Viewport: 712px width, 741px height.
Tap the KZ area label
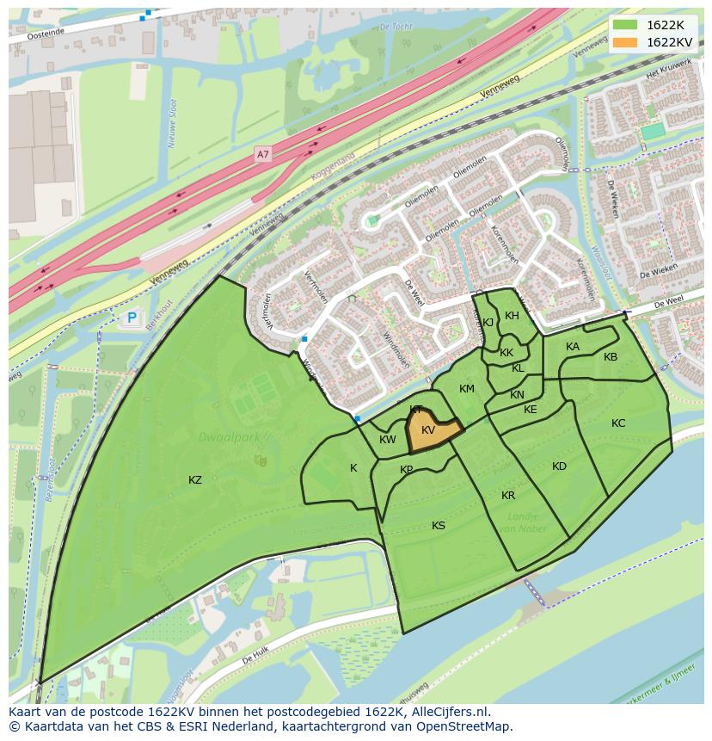click(195, 480)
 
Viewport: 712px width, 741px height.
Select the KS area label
click(439, 526)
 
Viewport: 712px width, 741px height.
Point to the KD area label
click(560, 466)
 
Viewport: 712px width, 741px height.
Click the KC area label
click(618, 423)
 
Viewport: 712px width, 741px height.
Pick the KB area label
click(611, 357)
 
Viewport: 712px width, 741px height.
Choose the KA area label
click(573, 347)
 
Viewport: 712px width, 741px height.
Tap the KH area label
click(512, 316)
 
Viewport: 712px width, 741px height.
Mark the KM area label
click(467, 389)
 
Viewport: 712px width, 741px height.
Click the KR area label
click(508, 496)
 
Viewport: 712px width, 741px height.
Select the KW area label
click(387, 441)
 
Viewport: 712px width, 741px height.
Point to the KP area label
click(407, 470)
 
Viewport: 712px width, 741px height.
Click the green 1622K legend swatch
click(625, 25)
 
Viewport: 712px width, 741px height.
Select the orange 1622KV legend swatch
click(625, 42)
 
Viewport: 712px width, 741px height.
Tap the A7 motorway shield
click(263, 155)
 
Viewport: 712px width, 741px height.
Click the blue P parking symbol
click(132, 318)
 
